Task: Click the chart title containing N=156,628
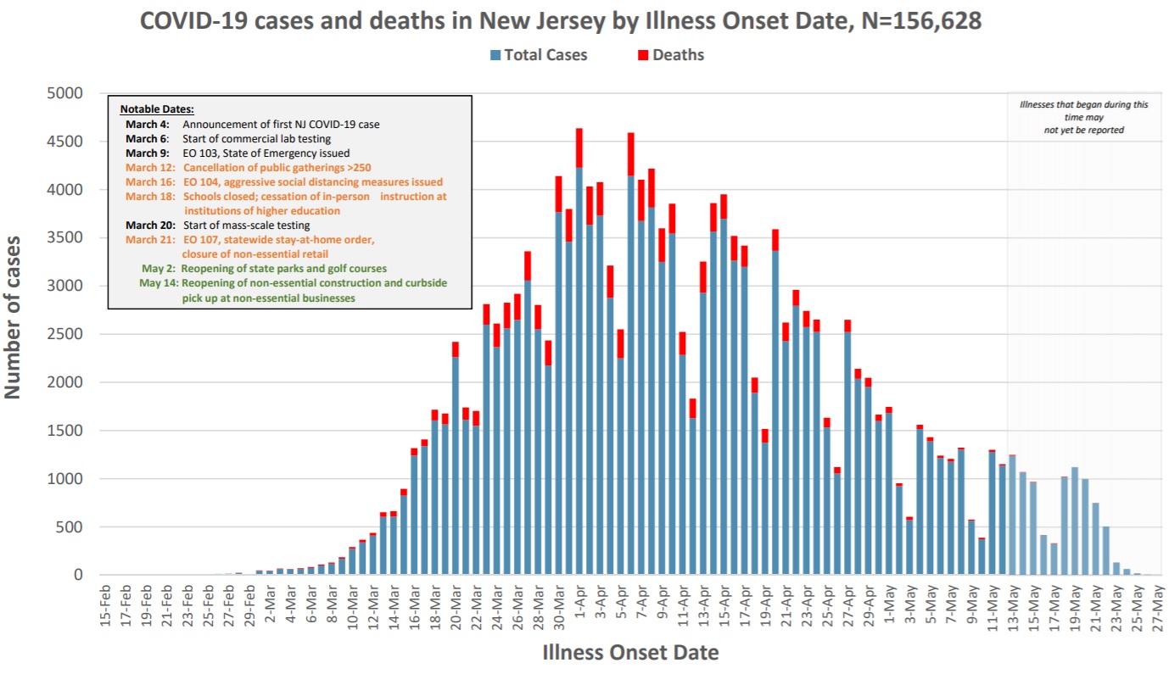coord(561,21)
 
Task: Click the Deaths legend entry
coord(670,55)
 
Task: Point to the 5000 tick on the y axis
coord(66,93)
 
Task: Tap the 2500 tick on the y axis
coord(66,334)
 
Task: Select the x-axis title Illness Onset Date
coord(629,653)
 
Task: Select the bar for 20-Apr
coord(775,407)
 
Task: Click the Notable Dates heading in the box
coord(157,109)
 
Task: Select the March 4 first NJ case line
coord(252,124)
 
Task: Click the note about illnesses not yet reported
coord(1084,117)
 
